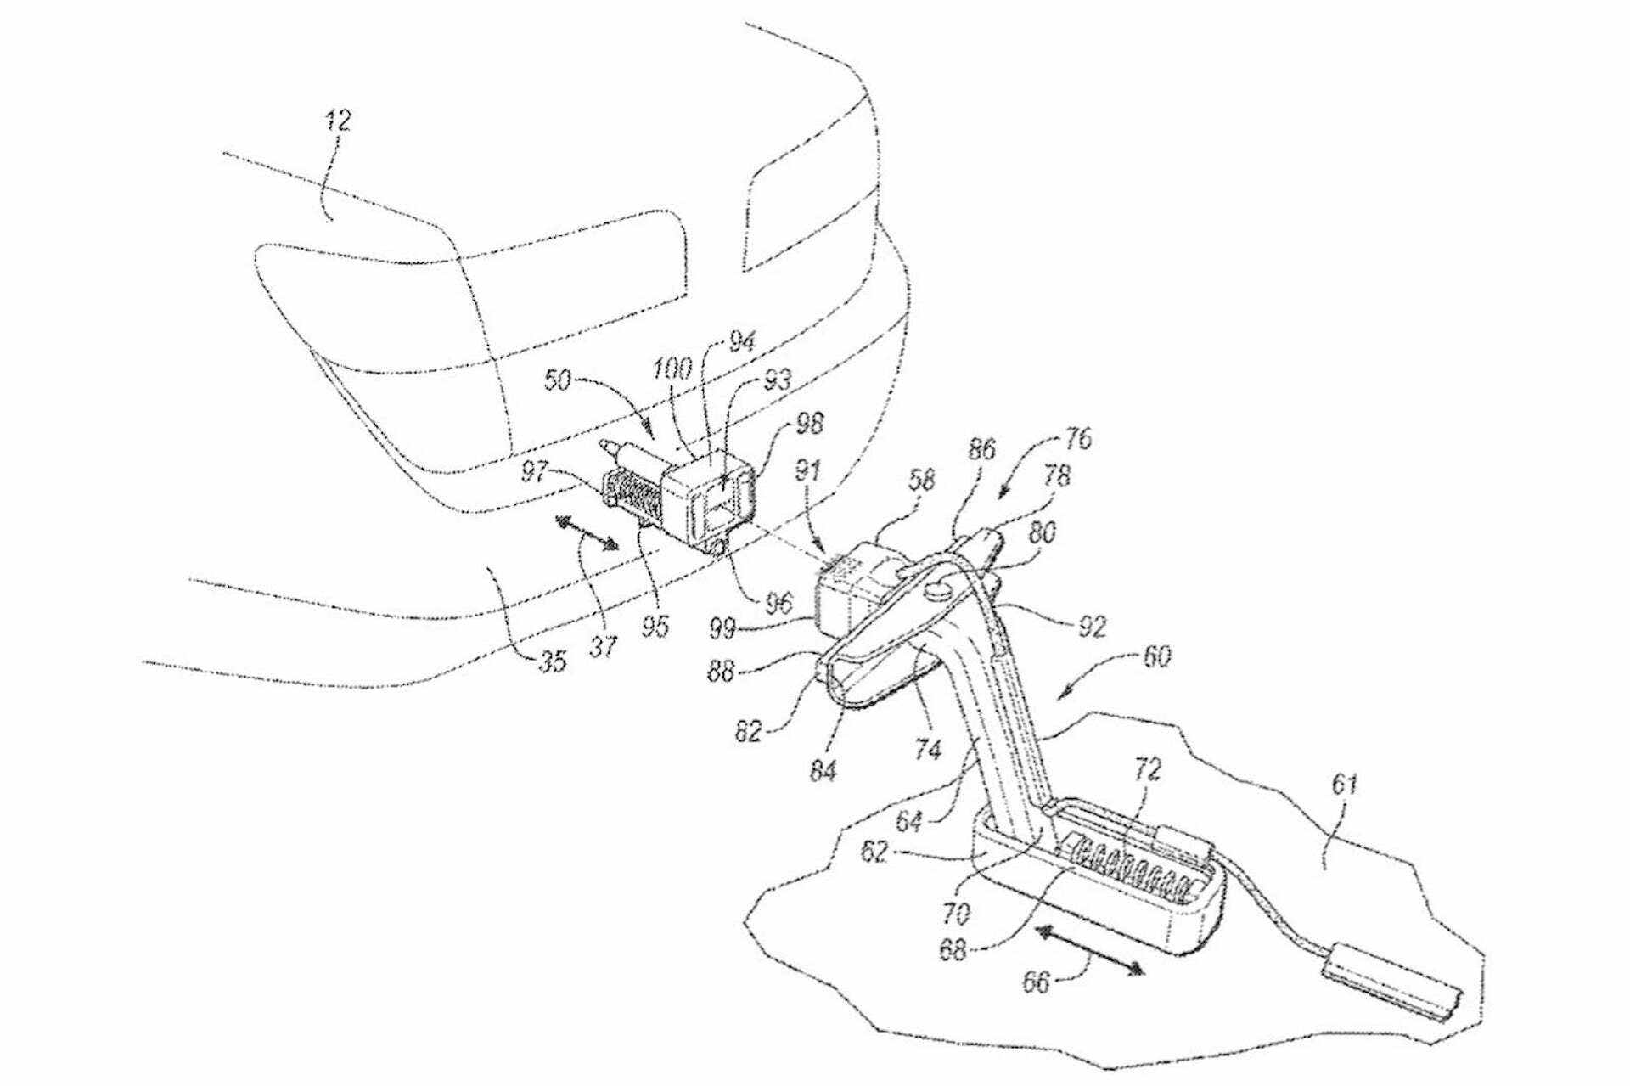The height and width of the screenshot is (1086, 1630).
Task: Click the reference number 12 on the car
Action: pos(338,121)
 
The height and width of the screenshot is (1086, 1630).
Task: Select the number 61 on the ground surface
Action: pos(1344,784)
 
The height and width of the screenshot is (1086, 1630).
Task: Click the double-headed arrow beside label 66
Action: pos(1089,950)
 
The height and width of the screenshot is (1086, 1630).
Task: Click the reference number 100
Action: pos(672,369)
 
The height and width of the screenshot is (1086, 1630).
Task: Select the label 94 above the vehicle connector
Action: pos(741,341)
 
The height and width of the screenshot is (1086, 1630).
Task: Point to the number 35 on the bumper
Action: pos(552,661)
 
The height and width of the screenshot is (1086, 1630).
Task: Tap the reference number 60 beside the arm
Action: pos(1157,656)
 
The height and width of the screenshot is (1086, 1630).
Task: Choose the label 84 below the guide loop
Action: pos(822,771)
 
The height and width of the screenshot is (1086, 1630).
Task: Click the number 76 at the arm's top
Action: pos(1076,439)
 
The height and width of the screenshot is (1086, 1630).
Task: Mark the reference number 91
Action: pos(807,470)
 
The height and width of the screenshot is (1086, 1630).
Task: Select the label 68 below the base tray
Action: pos(952,949)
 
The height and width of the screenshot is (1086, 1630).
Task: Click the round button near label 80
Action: pos(939,588)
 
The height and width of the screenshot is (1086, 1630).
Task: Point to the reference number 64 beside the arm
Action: pos(908,820)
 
